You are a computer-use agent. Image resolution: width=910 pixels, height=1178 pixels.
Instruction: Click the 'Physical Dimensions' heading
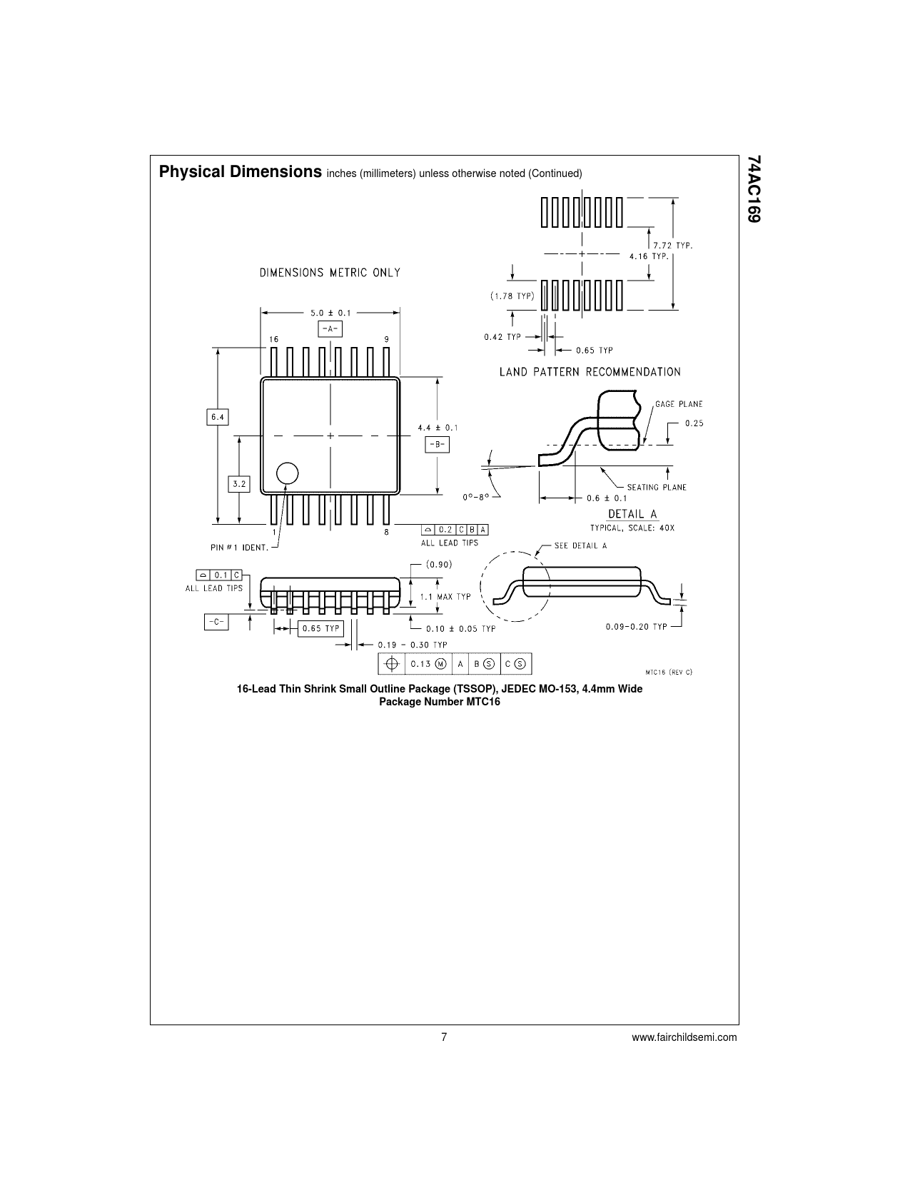tap(240, 172)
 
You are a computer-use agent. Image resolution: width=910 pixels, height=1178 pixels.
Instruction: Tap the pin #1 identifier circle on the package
tap(287, 473)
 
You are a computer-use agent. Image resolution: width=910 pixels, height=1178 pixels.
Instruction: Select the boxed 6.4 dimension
tap(218, 416)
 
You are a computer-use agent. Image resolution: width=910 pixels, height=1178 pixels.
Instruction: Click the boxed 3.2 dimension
tap(238, 483)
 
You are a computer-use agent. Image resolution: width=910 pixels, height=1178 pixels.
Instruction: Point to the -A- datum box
tap(330, 328)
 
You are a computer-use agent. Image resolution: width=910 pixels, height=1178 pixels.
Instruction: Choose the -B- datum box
tap(437, 444)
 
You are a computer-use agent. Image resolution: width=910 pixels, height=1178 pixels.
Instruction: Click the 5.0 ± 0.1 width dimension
tap(330, 312)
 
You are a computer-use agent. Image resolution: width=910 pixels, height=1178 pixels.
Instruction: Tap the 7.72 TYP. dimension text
tap(674, 245)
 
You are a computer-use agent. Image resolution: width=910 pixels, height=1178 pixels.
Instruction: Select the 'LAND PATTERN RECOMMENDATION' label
tap(590, 371)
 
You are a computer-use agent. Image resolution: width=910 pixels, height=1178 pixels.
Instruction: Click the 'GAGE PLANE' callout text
tap(679, 404)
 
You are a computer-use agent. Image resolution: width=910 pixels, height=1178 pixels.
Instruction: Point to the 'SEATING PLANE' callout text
tap(657, 487)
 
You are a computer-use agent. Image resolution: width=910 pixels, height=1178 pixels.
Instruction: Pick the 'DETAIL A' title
tap(632, 514)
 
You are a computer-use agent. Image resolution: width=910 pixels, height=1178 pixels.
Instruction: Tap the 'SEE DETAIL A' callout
tap(580, 546)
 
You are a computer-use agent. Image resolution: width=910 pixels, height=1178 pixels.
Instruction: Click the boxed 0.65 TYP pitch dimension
tap(320, 628)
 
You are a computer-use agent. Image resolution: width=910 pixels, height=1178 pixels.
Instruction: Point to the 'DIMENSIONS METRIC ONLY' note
tap(329, 272)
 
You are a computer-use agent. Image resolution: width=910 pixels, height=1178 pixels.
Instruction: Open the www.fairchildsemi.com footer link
tap(684, 1037)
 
